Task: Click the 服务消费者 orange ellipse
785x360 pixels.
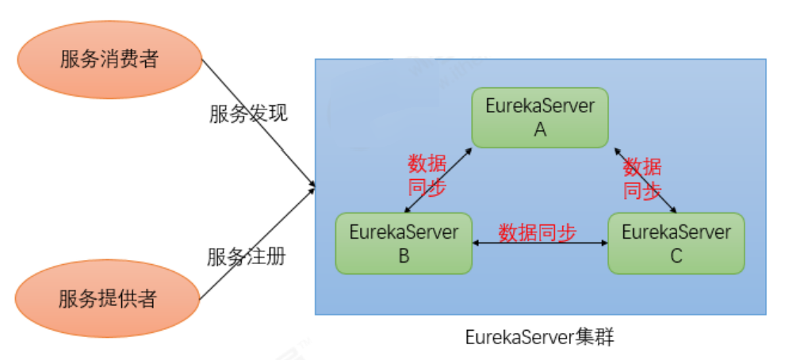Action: coord(109,59)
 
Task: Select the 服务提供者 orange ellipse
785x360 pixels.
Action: coord(107,299)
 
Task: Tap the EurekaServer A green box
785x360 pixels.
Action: coord(540,117)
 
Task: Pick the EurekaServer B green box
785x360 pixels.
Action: coord(404,243)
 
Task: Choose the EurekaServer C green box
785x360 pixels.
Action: coord(676,243)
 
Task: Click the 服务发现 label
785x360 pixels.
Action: coord(248,113)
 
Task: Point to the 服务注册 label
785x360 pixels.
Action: coord(247,256)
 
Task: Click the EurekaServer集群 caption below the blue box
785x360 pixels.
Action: coord(539,337)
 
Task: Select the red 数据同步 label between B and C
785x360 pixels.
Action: coord(537,232)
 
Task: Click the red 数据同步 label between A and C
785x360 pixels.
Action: coord(641,178)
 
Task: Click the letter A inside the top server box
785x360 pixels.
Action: coord(540,130)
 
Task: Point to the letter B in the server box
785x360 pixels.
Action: coord(404,256)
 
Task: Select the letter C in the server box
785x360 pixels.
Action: coord(676,256)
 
